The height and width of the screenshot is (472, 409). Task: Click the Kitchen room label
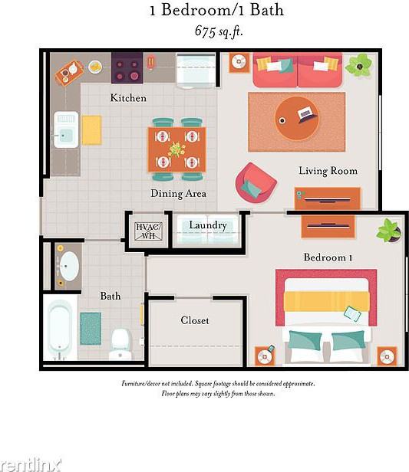pos(128,98)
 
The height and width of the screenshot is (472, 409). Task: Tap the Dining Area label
pos(178,194)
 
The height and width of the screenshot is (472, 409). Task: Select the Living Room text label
pos(328,171)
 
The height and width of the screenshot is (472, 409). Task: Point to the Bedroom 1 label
pos(328,257)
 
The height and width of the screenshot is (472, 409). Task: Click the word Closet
pos(195,320)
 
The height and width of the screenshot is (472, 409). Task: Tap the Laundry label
pos(208,225)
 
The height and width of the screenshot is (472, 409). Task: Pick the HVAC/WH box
pos(146,230)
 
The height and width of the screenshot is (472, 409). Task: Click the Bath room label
pos(110,296)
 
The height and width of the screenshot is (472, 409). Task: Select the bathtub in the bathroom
pos(61,329)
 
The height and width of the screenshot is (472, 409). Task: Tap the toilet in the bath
pos(121,343)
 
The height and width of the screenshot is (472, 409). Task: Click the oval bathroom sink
pos(70,266)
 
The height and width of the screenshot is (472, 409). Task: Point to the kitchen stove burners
pos(127,69)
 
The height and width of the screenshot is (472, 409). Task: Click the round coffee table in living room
pos(297,117)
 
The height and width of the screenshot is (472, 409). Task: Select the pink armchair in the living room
pos(256,182)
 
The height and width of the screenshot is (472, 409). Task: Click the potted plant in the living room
pos(358,65)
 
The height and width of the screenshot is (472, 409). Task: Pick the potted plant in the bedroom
pos(390,230)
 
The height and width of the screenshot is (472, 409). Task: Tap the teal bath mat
pos(91,328)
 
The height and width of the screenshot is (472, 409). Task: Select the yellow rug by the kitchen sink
pos(91,129)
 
